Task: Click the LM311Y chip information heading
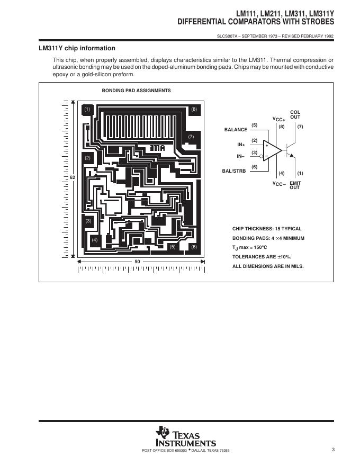[x=77, y=48]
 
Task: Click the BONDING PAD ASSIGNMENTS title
[x=136, y=91]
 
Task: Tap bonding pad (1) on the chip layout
[x=87, y=109]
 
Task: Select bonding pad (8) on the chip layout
[x=194, y=109]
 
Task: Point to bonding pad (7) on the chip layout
[x=191, y=137]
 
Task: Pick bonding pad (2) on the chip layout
[x=88, y=158]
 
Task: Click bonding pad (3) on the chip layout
[x=88, y=220]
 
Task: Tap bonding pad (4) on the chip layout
[x=95, y=240]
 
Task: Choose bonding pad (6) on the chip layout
[x=194, y=247]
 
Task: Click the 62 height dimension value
[x=73, y=177]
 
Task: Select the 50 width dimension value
[x=137, y=262]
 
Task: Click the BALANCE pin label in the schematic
[x=236, y=130]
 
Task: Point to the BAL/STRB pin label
[x=233, y=172]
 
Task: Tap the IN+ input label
[x=241, y=145]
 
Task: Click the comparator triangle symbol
[x=273, y=150]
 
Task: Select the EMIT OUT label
[x=295, y=185]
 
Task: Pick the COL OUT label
[x=295, y=114]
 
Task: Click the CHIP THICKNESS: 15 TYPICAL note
[x=267, y=229]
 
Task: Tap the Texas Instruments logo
[x=185, y=436]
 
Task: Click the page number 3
[x=334, y=450]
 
